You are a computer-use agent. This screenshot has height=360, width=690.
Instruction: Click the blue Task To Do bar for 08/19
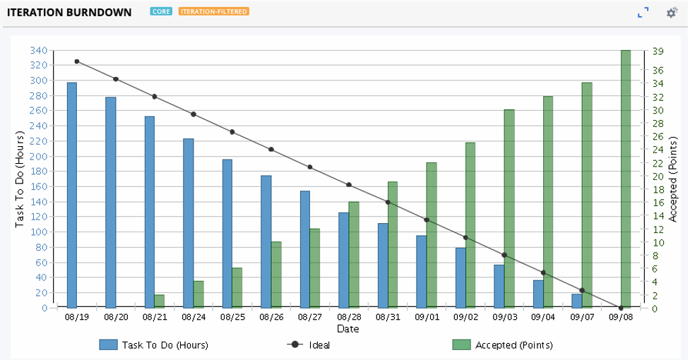click(x=72, y=195)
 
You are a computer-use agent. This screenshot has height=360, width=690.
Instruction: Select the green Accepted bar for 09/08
click(x=626, y=179)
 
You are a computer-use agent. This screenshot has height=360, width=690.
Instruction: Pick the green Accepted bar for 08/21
click(x=159, y=301)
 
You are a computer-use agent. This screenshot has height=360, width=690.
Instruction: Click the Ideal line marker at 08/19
click(x=77, y=61)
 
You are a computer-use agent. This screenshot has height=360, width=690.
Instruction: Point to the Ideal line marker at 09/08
click(x=621, y=308)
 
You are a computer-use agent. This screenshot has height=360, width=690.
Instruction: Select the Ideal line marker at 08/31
click(x=388, y=203)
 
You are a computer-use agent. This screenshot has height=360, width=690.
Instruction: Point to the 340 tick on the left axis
click(x=39, y=50)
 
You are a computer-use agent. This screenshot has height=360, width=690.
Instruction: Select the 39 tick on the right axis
click(x=658, y=51)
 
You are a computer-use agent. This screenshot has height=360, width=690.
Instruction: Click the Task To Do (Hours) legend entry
click(x=154, y=345)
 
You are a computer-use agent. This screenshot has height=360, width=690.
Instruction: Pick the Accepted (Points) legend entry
click(x=502, y=345)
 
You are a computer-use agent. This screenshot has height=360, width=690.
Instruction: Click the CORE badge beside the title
click(x=161, y=12)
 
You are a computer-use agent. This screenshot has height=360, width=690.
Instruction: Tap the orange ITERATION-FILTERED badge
click(x=213, y=12)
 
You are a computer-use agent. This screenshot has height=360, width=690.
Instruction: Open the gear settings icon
click(x=672, y=13)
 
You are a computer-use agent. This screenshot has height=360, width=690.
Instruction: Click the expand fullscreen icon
click(x=643, y=13)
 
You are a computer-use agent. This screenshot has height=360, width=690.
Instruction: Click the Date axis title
click(x=347, y=329)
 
